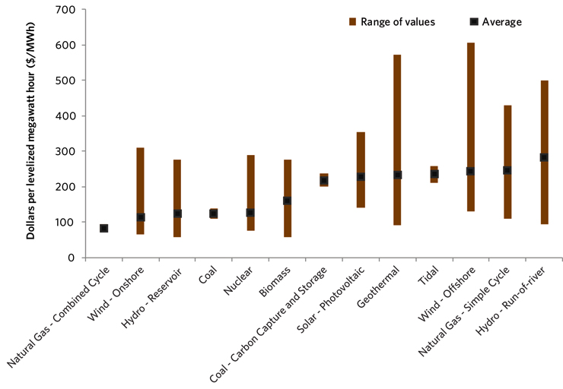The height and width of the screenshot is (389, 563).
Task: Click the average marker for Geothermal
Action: pos(397,175)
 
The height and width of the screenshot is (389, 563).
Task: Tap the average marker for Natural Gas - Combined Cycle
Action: pos(103,228)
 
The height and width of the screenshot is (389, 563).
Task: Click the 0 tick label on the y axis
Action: pos(68,258)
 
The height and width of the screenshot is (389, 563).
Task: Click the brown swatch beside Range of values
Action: pos(352,22)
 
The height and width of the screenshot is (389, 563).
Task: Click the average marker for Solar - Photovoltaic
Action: pos(361,176)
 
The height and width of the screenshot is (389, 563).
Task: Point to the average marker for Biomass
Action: pos(287,201)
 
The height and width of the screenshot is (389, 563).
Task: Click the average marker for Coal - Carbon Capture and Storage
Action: pos(324,181)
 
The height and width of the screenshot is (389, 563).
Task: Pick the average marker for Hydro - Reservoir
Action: pos(177,214)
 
